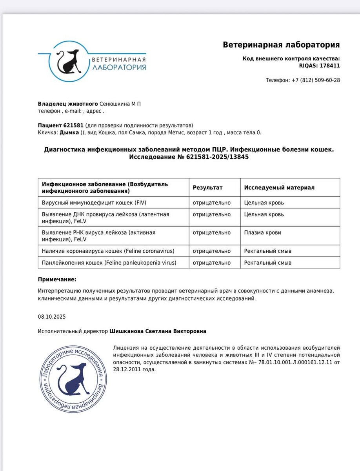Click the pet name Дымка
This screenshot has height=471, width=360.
coord(69,132)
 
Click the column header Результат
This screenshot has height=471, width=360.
coord(207,188)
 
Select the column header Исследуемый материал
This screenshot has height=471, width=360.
coord(279,188)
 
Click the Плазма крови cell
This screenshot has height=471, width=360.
coord(262,232)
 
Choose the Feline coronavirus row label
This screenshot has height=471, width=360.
coord(108,251)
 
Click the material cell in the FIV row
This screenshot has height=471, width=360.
coord(264,203)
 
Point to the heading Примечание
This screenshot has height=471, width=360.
coord(57,279)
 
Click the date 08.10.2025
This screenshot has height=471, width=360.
coord(49,316)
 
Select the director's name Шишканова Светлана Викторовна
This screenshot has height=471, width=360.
coord(158,331)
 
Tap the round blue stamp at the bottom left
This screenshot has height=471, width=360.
coord(73,378)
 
